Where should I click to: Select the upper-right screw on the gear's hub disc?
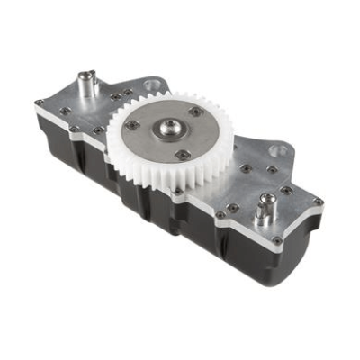click(x=196, y=112)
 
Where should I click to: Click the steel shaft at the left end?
click(x=88, y=86)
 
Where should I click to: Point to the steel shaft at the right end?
click(x=264, y=211)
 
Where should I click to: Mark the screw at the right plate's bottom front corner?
click(x=276, y=240)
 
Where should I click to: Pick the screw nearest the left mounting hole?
click(x=135, y=90)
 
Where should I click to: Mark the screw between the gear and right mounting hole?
click(x=246, y=166)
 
